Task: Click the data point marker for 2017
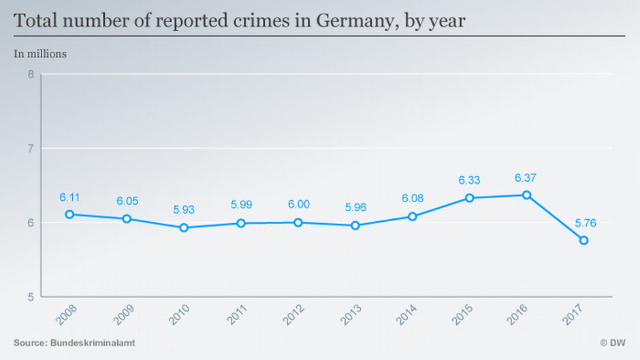(583, 240)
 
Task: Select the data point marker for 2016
(526, 195)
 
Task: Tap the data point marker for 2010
(184, 227)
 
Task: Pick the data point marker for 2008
(69, 214)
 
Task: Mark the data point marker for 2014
(412, 216)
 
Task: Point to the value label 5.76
(583, 223)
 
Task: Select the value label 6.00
(298, 204)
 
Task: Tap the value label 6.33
(469, 180)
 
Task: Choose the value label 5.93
(184, 210)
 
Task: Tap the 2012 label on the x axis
(294, 315)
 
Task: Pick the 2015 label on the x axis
(466, 315)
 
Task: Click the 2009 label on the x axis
(123, 315)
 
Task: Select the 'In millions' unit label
(40, 53)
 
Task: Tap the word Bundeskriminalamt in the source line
(92, 343)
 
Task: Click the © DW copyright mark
(612, 343)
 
